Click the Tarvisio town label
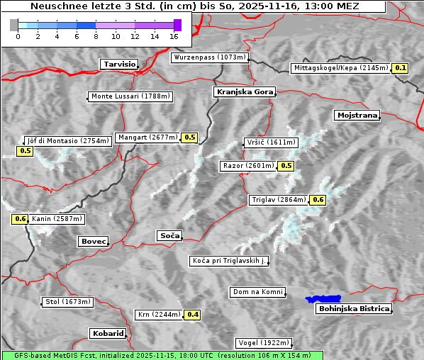pos(119,64)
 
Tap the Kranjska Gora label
pos(243,92)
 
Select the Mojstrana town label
pos(357,115)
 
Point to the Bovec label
pos(93,242)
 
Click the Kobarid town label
pos(108,333)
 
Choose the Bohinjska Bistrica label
pos(353,308)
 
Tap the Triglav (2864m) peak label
pos(279,200)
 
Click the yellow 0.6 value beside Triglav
pos(318,200)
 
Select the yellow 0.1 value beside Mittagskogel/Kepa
pos(401,68)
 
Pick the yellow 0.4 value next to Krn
pos(192,315)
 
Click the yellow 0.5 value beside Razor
pos(286,166)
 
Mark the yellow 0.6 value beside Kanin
pos(20,219)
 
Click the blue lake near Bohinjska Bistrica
pos(323,299)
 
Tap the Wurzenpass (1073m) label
pos(210,57)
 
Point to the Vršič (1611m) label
pos(270,142)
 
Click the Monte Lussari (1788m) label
pos(130,96)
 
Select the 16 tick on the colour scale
pos(174,35)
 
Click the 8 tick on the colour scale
pos(95,35)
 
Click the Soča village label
pos(169,235)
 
